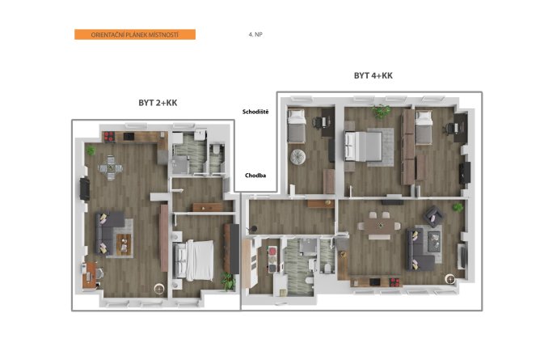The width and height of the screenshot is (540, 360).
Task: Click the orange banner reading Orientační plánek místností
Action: pos(135,35)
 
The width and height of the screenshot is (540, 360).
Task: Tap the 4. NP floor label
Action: pos(255,35)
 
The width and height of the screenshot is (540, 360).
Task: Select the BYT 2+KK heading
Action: pos(158,103)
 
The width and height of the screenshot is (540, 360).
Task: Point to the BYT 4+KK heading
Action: pos(373,75)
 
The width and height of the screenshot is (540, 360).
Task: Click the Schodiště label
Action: pos(255,112)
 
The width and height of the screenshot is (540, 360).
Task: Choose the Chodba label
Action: pos(255,176)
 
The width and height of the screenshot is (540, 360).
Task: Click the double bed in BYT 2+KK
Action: pos(193,260)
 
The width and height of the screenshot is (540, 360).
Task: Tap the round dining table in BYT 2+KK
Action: pos(111,167)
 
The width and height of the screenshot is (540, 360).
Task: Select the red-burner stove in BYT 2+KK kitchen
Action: pos(109,137)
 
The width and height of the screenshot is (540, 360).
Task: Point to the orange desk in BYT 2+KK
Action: pos(89,275)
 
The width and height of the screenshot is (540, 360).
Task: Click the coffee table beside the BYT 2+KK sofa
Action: pos(124,244)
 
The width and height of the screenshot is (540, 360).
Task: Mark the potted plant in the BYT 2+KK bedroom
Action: pos(228,281)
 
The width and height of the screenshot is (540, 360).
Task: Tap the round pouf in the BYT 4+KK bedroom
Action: pos(298,157)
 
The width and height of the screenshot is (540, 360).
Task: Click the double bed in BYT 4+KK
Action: pos(364,146)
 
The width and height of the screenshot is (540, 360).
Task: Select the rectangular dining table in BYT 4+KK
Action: pos(379,226)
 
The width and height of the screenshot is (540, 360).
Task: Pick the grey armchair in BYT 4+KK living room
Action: pos(433,216)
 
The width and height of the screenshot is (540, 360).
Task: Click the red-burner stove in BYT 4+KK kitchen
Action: pos(394,282)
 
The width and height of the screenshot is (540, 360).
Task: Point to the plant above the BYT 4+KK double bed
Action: pos(381,112)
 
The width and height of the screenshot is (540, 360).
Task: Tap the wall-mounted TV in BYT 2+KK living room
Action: pos(85,188)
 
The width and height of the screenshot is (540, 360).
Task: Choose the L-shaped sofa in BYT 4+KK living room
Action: pos(420,249)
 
